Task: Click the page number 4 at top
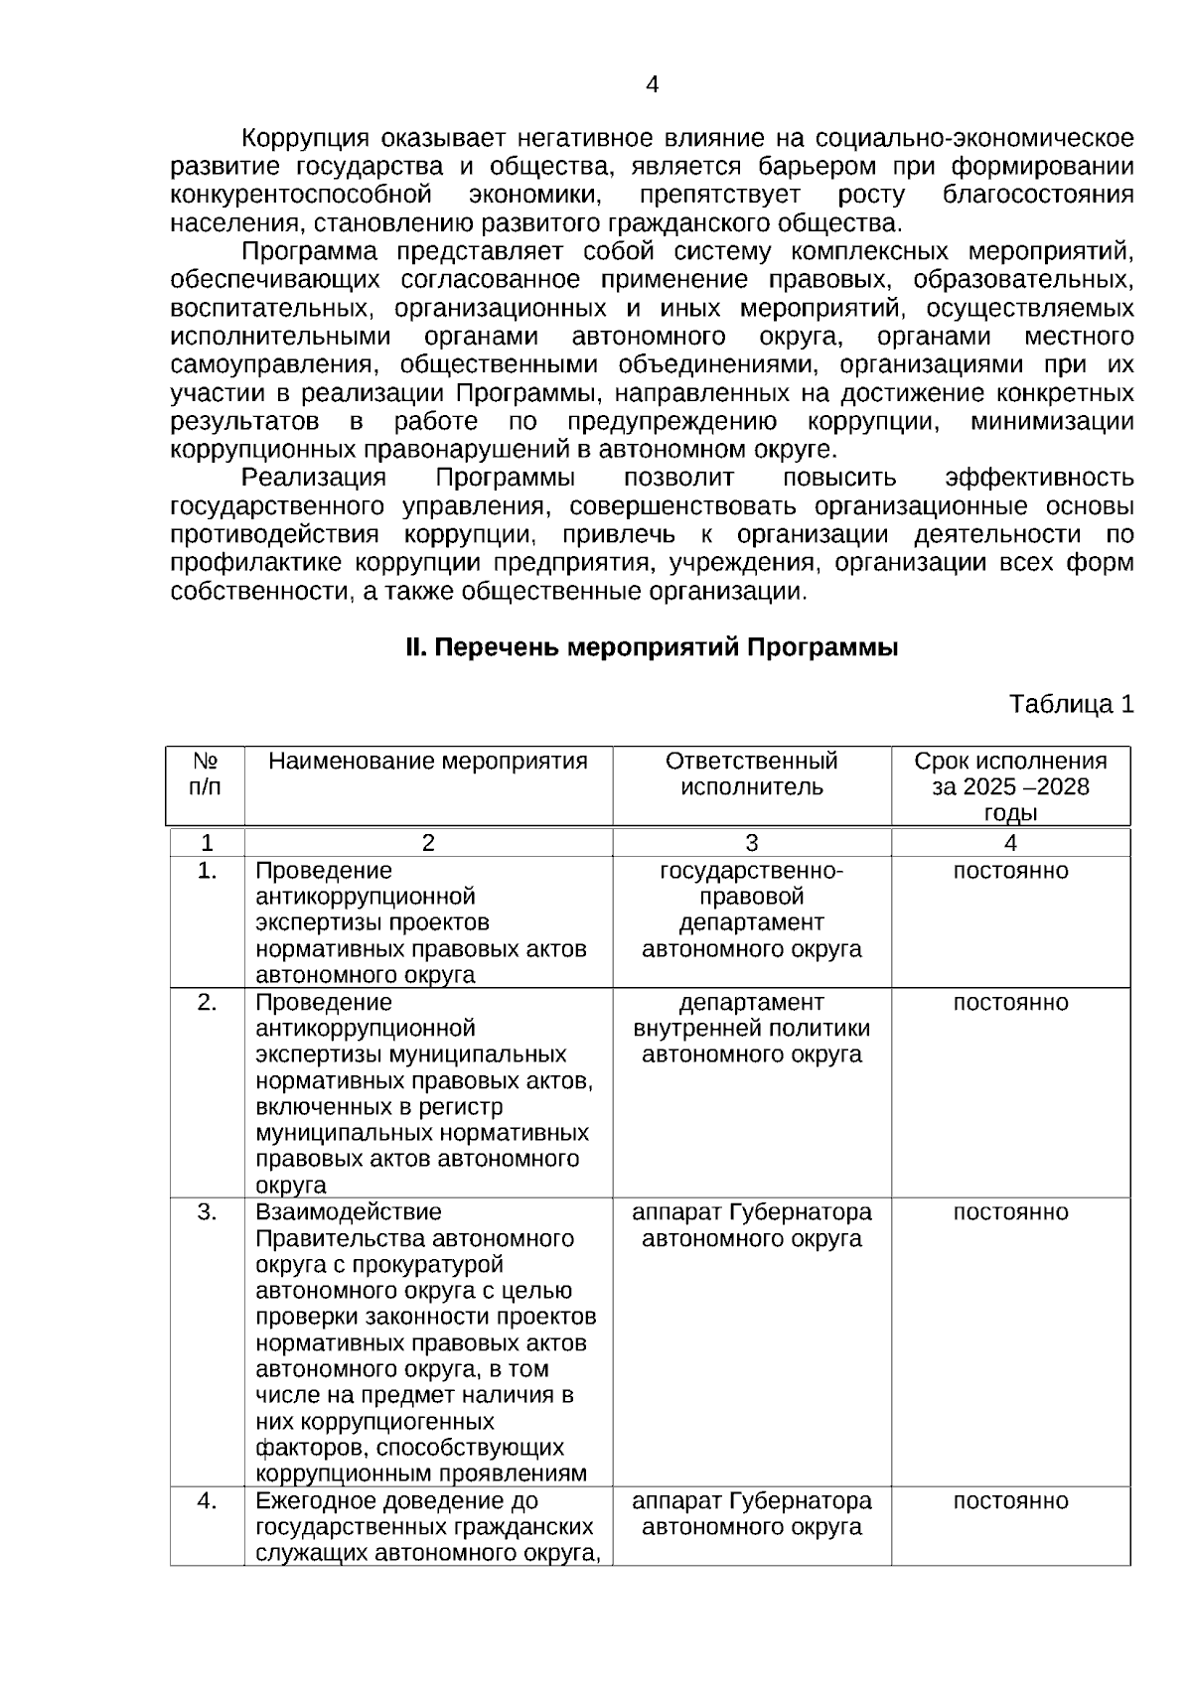pos(652,85)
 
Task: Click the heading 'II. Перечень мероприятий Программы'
pos(652,648)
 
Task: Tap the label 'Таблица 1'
pos(1071,705)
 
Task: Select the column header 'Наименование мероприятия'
pos(428,762)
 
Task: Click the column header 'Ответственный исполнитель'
pos(751,774)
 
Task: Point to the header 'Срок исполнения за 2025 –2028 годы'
pos(1010,787)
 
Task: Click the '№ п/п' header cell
pos(206,774)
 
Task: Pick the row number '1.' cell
pos(207,871)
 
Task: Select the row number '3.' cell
pos(207,1212)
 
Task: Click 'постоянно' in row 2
pos(1010,1003)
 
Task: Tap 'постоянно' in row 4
pos(1010,1501)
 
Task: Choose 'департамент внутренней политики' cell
pos(751,1029)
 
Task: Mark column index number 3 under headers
pos(751,843)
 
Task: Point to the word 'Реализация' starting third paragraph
pos(314,479)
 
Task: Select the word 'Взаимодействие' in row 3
pos(334,1212)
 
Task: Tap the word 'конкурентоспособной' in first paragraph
pos(301,195)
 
